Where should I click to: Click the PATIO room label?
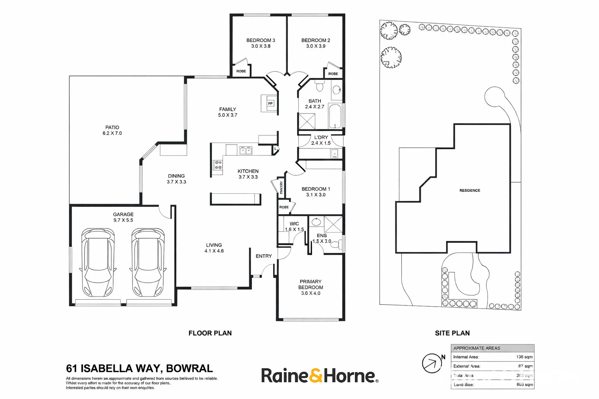click(112, 127)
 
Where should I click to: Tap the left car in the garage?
click(97, 263)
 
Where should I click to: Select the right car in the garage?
click(148, 263)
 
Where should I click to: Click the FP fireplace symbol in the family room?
click(270, 103)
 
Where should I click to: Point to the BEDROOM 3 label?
click(261, 40)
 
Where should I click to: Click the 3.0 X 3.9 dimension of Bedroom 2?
click(315, 46)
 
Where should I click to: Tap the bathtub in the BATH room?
click(335, 116)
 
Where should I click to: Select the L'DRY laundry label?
click(321, 137)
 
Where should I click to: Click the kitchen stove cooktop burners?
click(217, 165)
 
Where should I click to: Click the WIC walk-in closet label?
click(294, 224)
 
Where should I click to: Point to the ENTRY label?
click(264, 256)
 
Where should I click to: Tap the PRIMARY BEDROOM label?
click(310, 284)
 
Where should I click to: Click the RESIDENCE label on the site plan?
click(470, 191)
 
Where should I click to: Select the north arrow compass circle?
click(432, 363)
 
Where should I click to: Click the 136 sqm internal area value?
click(524, 357)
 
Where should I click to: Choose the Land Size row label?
click(464, 385)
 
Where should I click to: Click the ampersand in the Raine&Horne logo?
click(316, 376)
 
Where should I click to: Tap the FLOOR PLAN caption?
click(210, 333)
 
